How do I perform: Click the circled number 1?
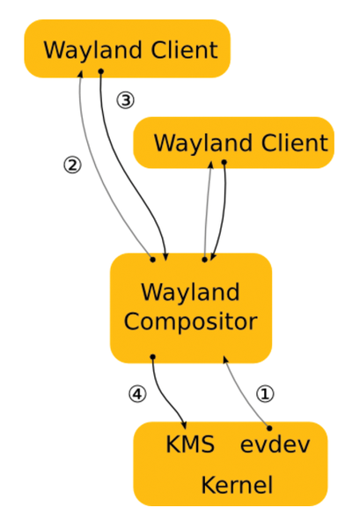(265, 393)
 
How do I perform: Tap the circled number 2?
(72, 165)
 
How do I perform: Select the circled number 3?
(125, 100)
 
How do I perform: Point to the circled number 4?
(137, 393)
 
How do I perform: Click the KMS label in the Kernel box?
(190, 444)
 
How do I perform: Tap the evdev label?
(276, 444)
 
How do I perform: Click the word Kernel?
(237, 485)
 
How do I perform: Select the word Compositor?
(191, 321)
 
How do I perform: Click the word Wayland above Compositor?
(190, 291)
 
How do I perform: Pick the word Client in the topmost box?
(184, 50)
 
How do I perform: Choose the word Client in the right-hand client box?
(295, 143)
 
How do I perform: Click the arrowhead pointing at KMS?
(184, 425)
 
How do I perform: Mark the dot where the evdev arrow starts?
(269, 429)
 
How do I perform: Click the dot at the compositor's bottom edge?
(152, 356)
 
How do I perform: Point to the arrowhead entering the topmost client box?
(80, 74)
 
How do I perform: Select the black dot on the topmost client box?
(100, 71)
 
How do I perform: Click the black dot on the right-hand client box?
(224, 163)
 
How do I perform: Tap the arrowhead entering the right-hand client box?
(211, 165)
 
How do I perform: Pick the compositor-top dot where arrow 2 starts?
(152, 260)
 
